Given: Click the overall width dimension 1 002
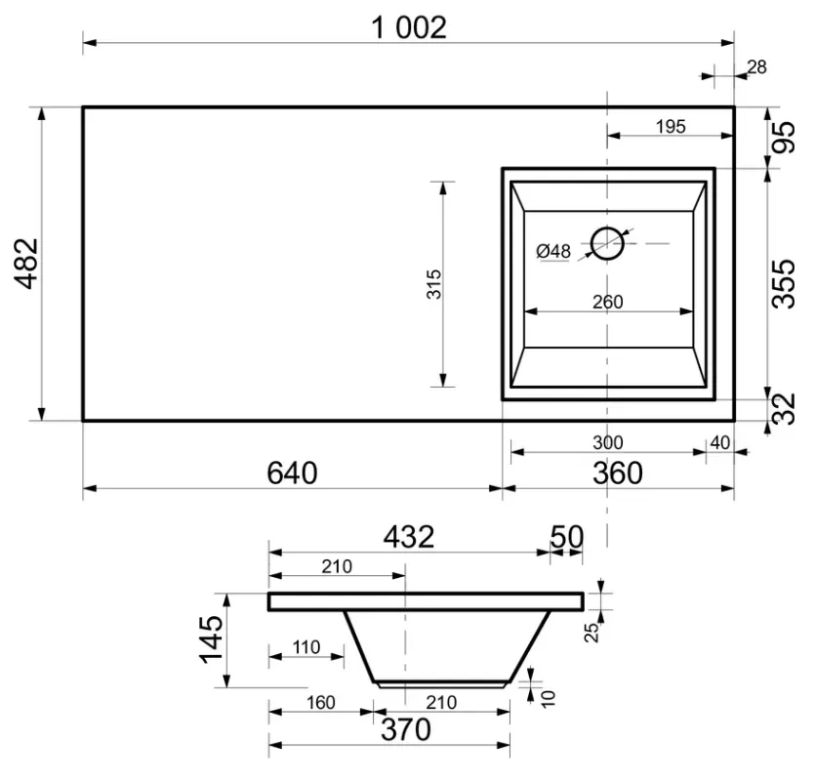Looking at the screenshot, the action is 409,27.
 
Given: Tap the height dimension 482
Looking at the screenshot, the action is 26,263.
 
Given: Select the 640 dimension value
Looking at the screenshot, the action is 292,473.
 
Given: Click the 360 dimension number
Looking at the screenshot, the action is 618,473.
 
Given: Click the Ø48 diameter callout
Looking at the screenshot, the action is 553,251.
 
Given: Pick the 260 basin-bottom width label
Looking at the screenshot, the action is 608,302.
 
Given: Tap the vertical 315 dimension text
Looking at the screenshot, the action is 433,284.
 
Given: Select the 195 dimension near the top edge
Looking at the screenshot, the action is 671,126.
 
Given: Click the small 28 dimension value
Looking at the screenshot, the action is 756,67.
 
